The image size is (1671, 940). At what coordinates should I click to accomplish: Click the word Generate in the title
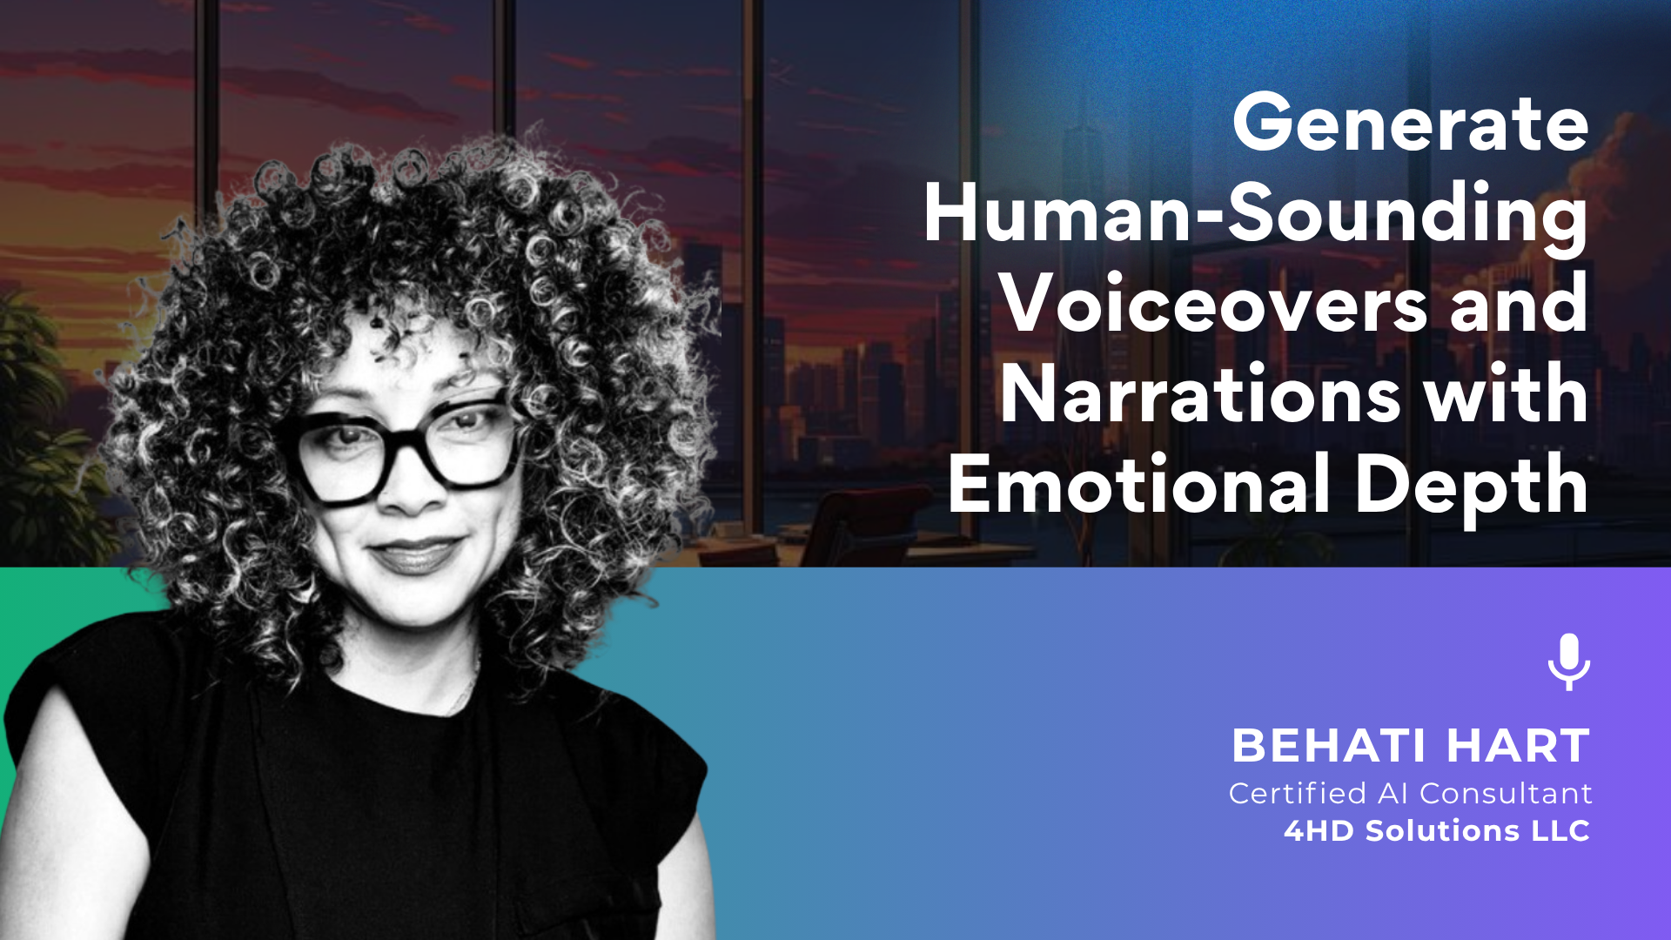coord(1411,124)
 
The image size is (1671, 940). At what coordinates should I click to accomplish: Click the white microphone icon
coord(1569,662)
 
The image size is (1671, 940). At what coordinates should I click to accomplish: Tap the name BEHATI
coord(1329,746)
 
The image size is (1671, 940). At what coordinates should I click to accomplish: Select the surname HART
coord(1519,746)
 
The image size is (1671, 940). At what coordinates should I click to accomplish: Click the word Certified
coord(1298,794)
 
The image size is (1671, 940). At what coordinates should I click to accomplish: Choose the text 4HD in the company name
coord(1319,831)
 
